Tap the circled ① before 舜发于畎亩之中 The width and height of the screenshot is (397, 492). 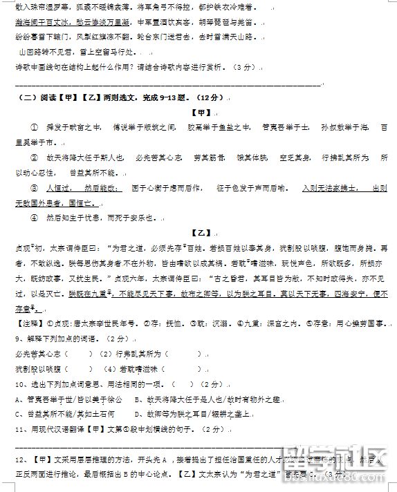click(34, 128)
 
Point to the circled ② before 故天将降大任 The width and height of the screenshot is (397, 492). click(34, 158)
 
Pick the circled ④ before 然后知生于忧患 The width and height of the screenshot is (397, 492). click(34, 217)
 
